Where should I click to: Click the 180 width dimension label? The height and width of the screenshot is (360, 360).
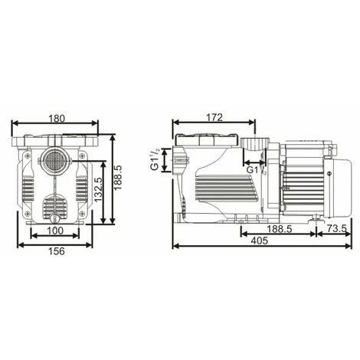(56, 118)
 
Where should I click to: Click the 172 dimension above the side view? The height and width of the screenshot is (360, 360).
(214, 117)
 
